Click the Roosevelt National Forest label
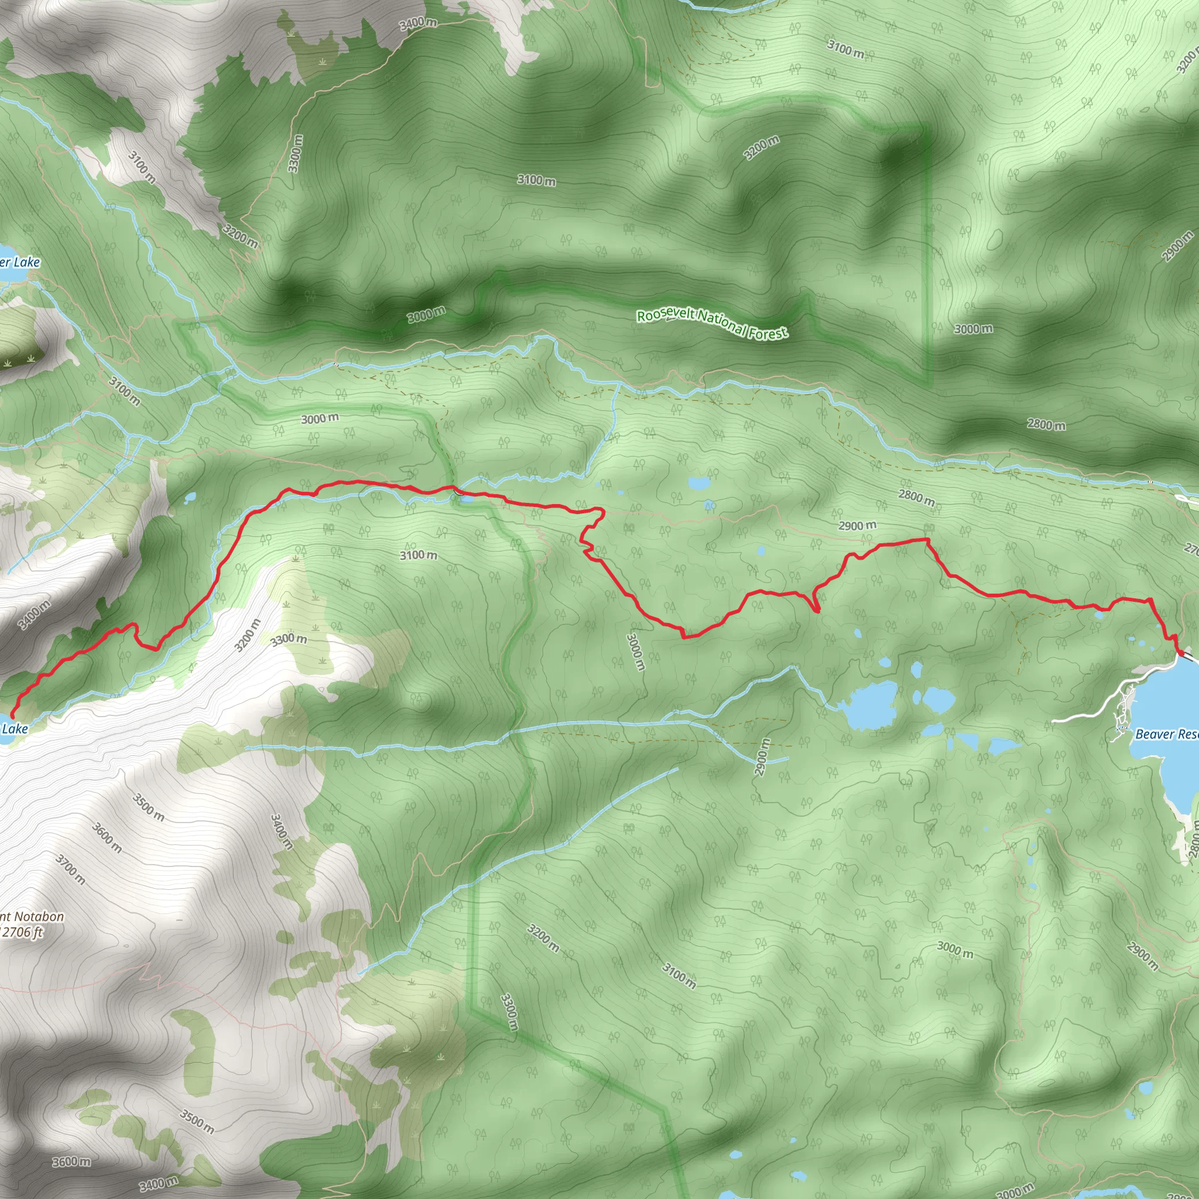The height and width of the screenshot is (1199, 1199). click(712, 323)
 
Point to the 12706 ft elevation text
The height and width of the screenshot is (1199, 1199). click(22, 932)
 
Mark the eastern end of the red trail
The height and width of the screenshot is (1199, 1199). click(1179, 650)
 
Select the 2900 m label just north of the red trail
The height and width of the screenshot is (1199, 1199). click(858, 526)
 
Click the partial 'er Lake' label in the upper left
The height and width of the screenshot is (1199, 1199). click(20, 262)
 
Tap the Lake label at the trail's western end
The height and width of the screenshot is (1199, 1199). click(15, 728)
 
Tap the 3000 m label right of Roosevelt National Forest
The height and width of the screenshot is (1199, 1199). click(973, 329)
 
